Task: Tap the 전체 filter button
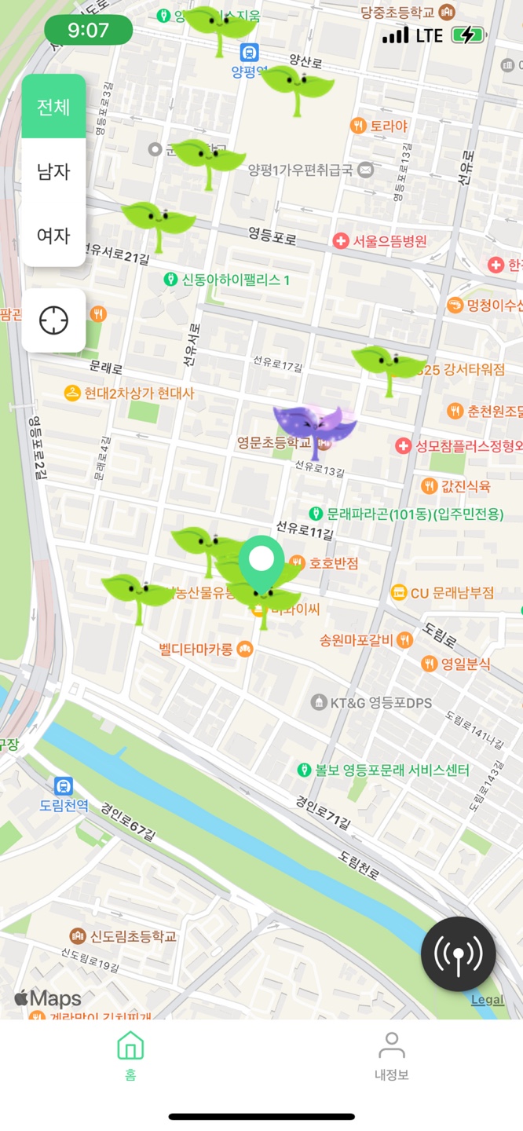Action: pos(53,107)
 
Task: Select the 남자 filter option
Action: pos(53,171)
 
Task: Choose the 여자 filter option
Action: pos(53,235)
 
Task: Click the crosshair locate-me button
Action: pos(53,320)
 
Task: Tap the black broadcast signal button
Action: pos(458,953)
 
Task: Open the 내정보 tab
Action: pos(391,1055)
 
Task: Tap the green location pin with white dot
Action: pos(261,564)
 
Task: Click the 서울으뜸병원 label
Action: pos(389,241)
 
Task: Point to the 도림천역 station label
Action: pos(64,805)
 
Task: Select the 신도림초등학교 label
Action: pos(133,936)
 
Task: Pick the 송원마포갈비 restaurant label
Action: pos(356,640)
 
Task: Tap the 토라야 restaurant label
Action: pos(389,125)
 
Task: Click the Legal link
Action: pos(487,1000)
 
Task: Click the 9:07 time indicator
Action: pos(88,31)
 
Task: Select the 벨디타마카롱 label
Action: pos(196,649)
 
